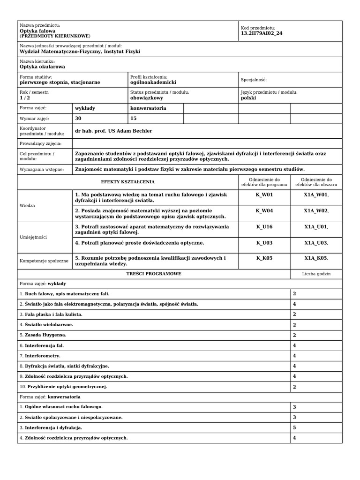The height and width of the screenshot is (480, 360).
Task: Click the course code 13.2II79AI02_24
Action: (x=262, y=33)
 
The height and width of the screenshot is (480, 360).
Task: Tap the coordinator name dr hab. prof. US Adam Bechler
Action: (x=113, y=131)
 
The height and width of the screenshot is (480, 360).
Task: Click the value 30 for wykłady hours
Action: (x=78, y=119)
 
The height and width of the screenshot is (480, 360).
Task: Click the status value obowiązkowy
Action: (x=147, y=98)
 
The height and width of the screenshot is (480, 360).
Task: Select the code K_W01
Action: (x=264, y=195)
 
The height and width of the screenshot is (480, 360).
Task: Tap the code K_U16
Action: (x=264, y=227)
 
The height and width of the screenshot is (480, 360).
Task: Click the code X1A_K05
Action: (x=316, y=258)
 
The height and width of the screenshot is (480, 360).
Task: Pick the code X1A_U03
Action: (x=316, y=243)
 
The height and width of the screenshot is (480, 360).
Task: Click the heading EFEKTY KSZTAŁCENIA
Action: (x=127, y=182)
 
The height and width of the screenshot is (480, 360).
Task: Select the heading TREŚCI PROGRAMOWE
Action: (x=154, y=273)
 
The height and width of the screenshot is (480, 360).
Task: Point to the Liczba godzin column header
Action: (x=316, y=273)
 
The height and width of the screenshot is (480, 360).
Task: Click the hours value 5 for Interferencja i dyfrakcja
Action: (x=294, y=427)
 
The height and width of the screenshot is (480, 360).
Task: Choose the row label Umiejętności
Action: (x=33, y=237)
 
